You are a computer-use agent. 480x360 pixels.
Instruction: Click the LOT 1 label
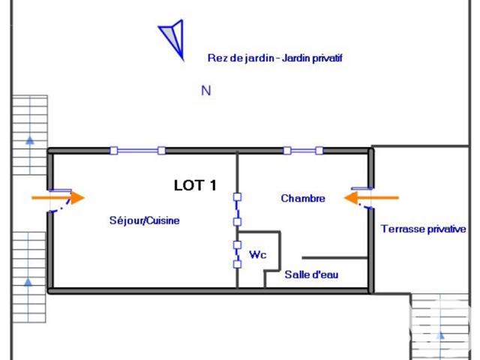(195, 185)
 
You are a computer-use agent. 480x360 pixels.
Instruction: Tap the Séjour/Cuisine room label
(145, 221)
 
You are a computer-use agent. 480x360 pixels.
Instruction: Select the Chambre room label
(303, 199)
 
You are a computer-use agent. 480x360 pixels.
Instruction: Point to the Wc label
(258, 255)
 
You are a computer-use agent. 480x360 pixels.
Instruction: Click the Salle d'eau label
(311, 275)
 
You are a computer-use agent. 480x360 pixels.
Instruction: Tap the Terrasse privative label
(424, 229)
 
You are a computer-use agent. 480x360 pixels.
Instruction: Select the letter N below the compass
(206, 91)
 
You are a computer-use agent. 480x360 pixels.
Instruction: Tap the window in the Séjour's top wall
(137, 151)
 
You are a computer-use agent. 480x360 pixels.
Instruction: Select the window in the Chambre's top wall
(303, 151)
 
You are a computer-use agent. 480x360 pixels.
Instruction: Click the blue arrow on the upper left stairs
(29, 139)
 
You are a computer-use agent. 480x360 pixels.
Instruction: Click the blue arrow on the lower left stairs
(29, 282)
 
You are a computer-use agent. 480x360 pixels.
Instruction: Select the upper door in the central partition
(237, 209)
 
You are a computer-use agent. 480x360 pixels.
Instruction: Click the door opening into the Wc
(237, 254)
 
